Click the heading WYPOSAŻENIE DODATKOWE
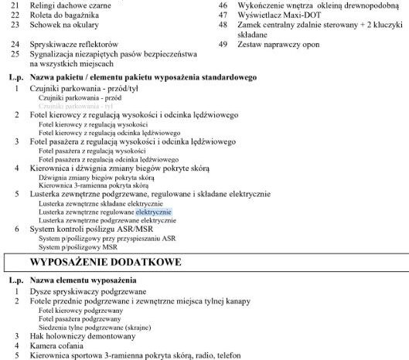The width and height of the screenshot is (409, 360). point(105,262)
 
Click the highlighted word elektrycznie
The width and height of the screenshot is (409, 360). point(153,211)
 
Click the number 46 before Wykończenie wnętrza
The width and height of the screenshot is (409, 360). point(223,5)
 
